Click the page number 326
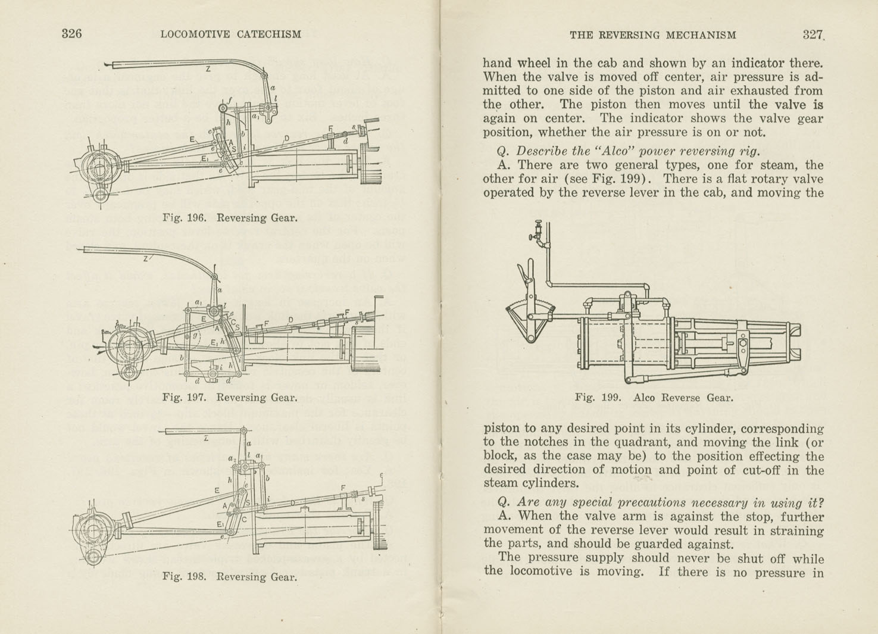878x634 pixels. coord(71,34)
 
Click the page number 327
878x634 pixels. coord(812,35)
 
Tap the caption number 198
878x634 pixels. coord(196,576)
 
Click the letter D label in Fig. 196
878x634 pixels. coord(286,139)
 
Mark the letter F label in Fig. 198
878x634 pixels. coord(342,488)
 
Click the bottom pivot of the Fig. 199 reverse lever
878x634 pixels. coord(529,339)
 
